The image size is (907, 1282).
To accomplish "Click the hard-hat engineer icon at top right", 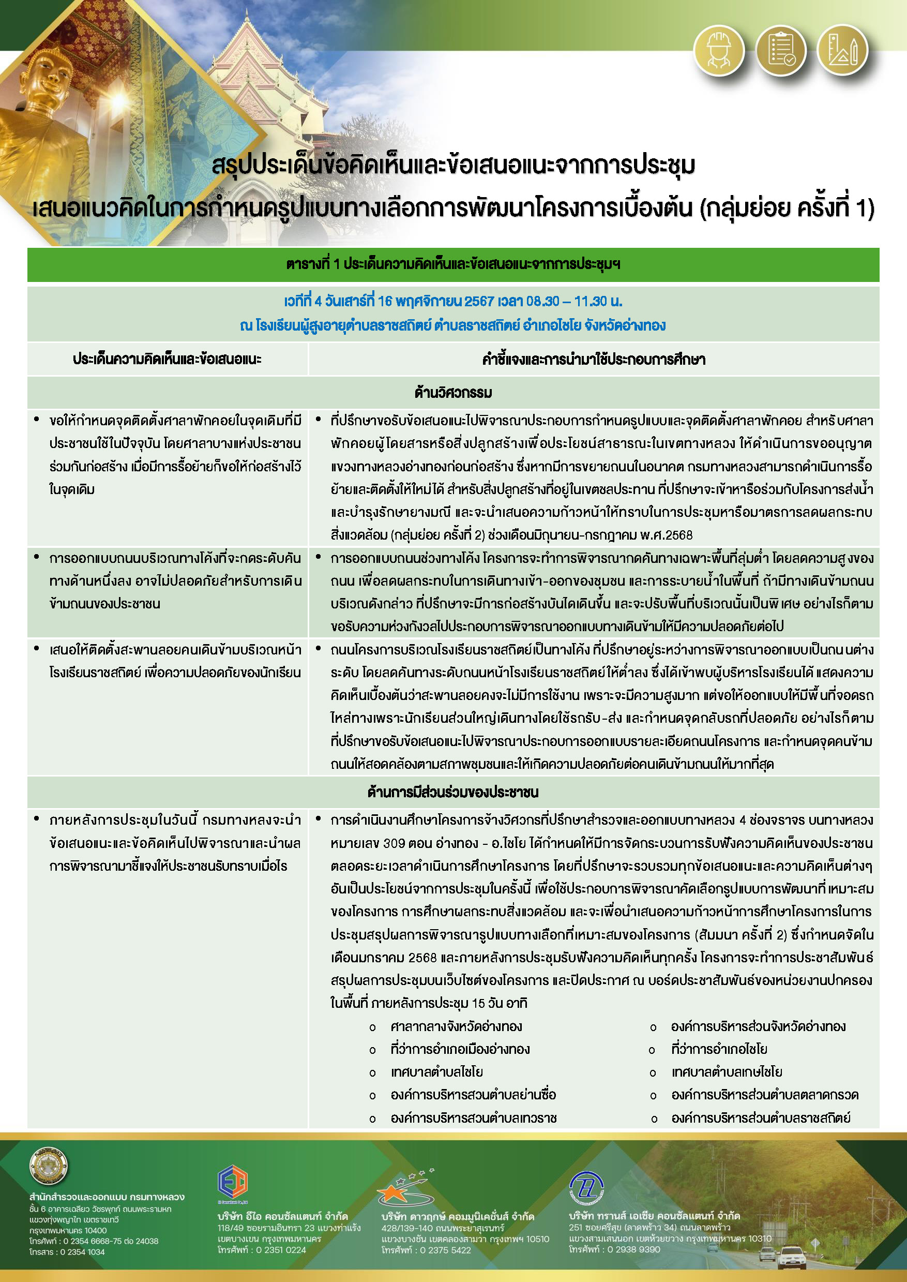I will [x=719, y=51].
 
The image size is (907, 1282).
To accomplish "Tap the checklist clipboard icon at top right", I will [x=780, y=51].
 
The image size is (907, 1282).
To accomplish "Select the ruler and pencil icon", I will [x=842, y=51].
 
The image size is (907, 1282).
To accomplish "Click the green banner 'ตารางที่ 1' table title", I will [x=453, y=264].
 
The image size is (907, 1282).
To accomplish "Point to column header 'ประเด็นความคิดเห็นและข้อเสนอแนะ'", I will [x=167, y=359].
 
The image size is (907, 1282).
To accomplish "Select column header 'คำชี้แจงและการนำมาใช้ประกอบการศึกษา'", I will [x=594, y=359].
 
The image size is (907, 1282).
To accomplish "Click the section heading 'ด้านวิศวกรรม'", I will [x=453, y=393].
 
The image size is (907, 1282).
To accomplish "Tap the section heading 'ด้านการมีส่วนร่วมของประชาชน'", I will [x=453, y=792].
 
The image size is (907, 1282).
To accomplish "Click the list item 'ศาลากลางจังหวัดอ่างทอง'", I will [x=456, y=1027].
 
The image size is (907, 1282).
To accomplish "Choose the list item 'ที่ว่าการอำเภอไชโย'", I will [x=719, y=1050].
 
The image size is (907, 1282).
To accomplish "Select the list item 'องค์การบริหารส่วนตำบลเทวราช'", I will [x=474, y=1119].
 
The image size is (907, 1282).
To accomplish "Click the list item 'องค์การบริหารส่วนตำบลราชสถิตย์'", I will [x=761, y=1119].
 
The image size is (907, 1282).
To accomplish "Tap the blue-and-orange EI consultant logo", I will [x=232, y=1182].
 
